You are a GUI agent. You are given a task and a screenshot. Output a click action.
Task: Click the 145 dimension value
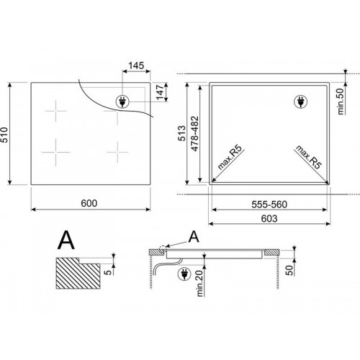136,66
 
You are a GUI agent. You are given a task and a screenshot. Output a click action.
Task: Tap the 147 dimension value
160,92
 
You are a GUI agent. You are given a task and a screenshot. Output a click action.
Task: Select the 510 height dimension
4,135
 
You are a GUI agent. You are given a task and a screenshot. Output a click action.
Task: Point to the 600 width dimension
89,203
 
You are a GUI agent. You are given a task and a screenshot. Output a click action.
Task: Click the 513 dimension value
182,133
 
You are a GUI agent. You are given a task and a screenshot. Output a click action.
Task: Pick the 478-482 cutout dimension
195,134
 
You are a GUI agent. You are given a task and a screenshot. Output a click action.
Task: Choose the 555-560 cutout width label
269,204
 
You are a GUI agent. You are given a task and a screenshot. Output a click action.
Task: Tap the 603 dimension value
269,218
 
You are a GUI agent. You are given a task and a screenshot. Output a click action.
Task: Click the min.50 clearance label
341,102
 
